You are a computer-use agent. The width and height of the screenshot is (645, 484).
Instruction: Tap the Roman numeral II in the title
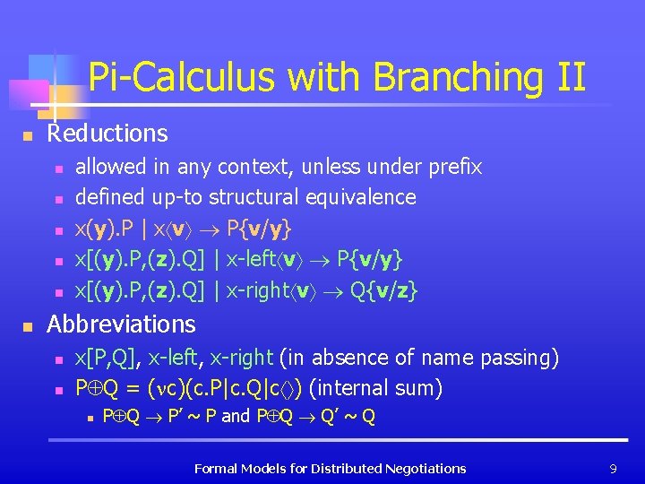[569, 78]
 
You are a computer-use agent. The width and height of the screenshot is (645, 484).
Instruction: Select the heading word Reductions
[107, 134]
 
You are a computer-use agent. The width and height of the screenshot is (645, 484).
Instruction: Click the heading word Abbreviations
[121, 324]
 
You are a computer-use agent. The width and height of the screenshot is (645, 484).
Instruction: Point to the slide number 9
[612, 468]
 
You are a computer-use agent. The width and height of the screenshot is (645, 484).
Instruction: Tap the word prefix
[453, 167]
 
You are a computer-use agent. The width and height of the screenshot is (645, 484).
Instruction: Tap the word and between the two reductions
[236, 416]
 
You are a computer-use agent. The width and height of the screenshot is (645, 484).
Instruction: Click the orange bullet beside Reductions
[28, 136]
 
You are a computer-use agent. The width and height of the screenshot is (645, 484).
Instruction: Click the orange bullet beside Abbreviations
[28, 326]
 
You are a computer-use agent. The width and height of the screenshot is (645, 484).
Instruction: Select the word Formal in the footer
[216, 468]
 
